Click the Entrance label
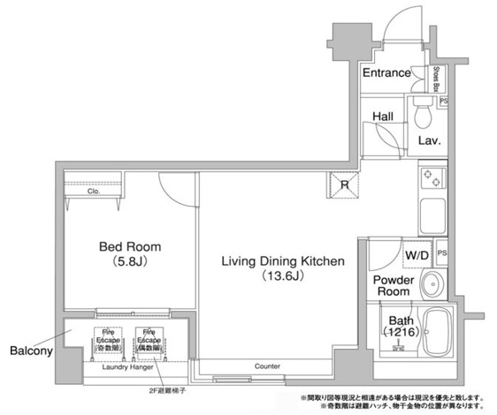pos(386,72)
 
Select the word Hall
pos(382,116)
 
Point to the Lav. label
pos(429,140)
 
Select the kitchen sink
pos(432,215)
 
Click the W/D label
pos(417,256)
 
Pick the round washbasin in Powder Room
pos(431,284)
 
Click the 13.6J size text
pos(281,275)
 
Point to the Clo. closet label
pos(93,190)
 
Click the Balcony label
pos(31,350)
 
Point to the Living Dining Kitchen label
pos(281,260)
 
